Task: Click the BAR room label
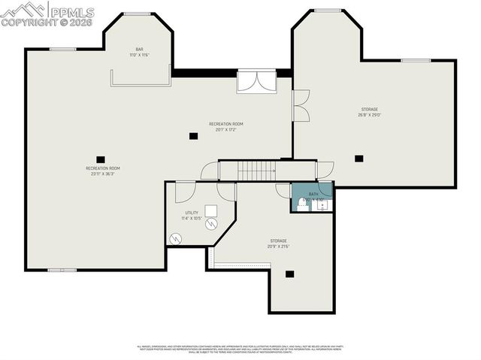click(139, 50)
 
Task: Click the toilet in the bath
click(301, 204)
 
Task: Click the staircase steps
click(256, 171)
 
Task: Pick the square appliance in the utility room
click(212, 210)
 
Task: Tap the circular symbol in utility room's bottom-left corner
click(176, 238)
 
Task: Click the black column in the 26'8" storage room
click(358, 158)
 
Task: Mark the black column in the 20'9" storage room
click(289, 274)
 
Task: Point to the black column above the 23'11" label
click(100, 159)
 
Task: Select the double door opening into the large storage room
click(300, 106)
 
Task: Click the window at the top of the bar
click(136, 14)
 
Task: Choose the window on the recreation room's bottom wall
click(62, 269)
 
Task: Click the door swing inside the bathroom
click(324, 189)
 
